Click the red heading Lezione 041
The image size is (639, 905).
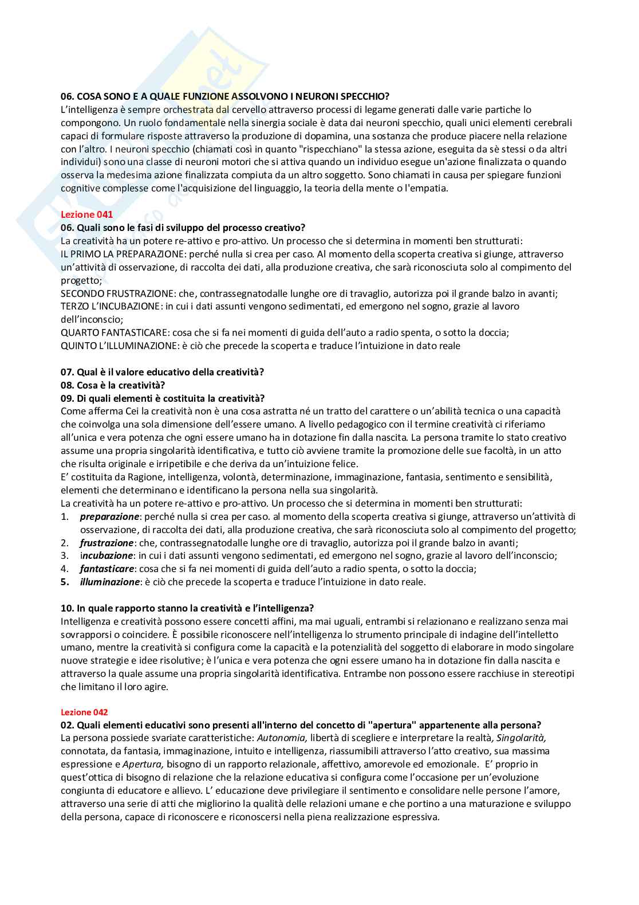[x=86, y=214]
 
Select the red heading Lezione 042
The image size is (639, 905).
[x=84, y=712]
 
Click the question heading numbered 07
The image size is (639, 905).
[x=162, y=372]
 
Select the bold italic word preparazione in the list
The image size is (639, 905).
[x=109, y=516]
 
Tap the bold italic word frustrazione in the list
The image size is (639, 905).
[x=107, y=543]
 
